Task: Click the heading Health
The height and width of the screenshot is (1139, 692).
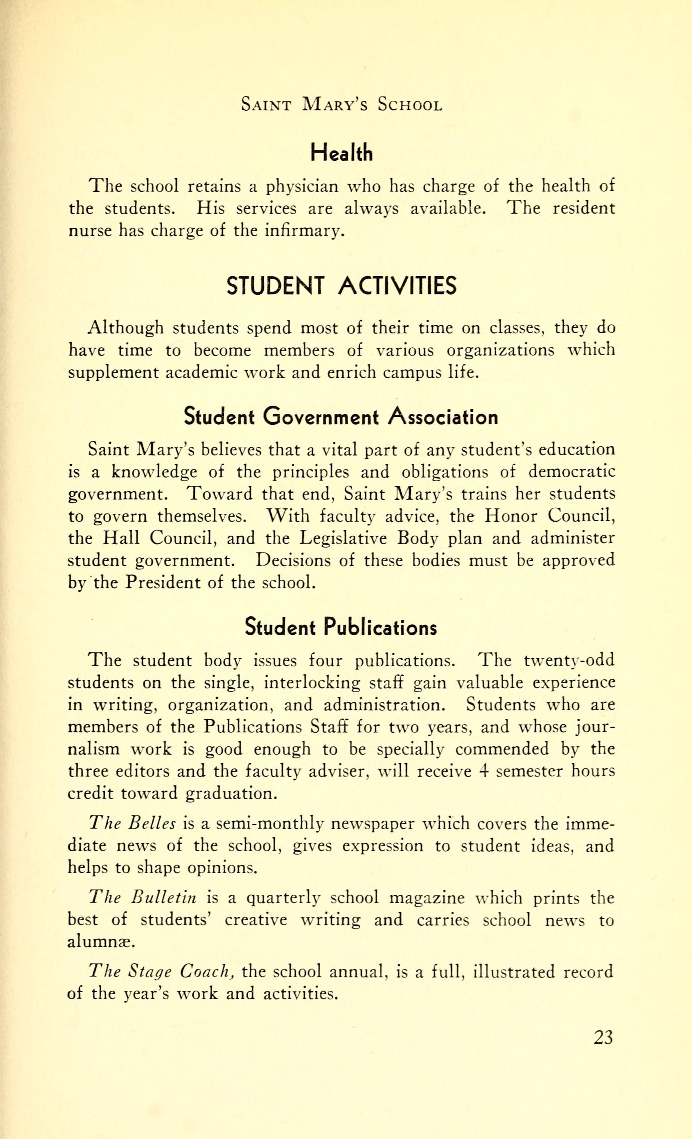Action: (341, 152)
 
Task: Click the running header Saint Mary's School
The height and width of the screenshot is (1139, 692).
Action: (341, 105)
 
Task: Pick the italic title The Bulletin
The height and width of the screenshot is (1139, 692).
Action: (143, 898)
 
